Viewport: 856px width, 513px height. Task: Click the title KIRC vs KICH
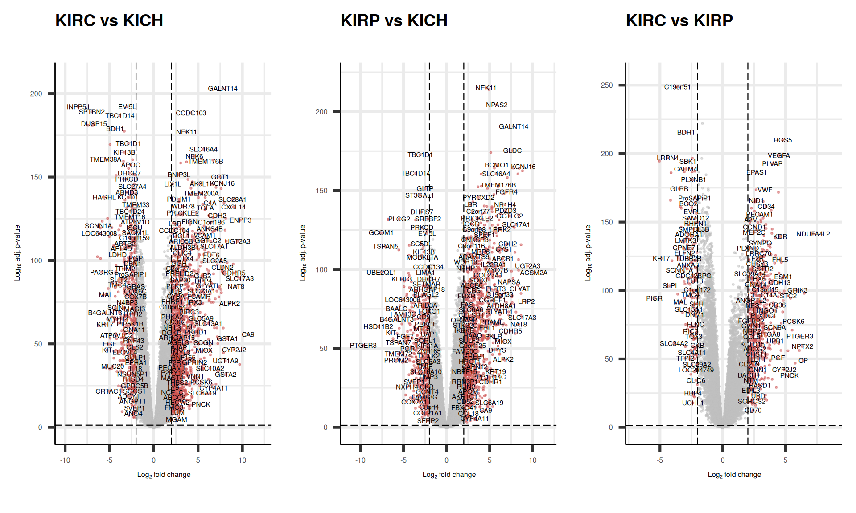109,21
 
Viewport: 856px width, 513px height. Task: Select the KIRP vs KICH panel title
394,21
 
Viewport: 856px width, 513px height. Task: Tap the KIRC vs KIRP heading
679,21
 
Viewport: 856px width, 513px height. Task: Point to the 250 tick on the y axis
606,85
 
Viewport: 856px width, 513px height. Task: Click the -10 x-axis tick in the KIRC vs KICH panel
65,460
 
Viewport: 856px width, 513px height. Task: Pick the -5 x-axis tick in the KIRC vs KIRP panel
660,460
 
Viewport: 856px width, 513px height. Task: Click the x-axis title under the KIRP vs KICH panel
449,475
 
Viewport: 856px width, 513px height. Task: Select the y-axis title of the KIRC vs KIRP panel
588,252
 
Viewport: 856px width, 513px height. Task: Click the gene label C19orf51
677,87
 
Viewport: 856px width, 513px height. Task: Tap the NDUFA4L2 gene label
813,234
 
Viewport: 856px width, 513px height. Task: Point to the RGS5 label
782,140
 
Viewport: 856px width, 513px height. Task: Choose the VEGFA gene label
778,156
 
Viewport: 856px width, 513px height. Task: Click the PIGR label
654,298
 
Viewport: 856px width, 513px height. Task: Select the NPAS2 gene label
497,105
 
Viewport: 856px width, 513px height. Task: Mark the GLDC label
512,151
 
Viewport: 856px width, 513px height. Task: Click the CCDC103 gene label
191,113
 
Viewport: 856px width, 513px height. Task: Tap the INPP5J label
78,107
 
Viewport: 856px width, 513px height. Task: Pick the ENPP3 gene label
240,220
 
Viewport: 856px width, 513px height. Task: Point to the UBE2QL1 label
381,273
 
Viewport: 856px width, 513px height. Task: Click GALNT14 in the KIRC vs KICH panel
222,89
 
